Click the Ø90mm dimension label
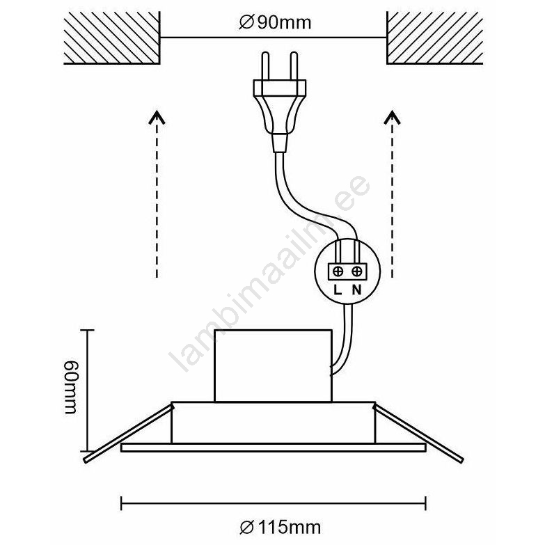pos(275,23)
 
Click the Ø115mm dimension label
pos(280,528)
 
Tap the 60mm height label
pos(72,387)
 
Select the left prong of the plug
pos(265,66)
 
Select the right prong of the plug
pos(294,66)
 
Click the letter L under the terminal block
pos(338,290)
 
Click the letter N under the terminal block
pos(356,290)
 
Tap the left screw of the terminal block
pos(338,271)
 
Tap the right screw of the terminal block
pos(356,271)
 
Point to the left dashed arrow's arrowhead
pos(157,117)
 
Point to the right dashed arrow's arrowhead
pos(393,117)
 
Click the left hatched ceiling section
pos(112,38)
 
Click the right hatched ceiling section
pos(435,38)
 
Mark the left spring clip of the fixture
pos(128,433)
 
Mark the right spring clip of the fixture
pos(419,433)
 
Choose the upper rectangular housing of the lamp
pos(273,365)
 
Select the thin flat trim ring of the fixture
pos(273,448)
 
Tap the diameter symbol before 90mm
pos(246,23)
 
